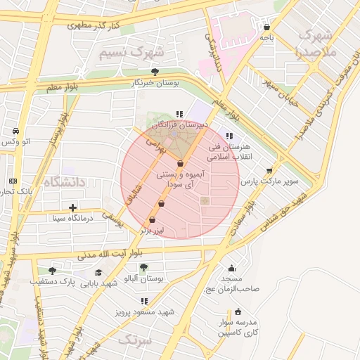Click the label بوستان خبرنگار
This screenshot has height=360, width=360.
click(x=155, y=82)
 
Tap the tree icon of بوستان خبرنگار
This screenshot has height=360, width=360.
click(x=155, y=72)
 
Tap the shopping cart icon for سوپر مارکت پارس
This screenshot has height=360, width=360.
click(x=269, y=170)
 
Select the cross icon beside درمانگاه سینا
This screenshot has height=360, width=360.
click(x=73, y=207)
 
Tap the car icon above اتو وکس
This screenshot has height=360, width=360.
click(x=15, y=131)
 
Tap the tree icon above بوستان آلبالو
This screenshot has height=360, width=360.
click(x=143, y=267)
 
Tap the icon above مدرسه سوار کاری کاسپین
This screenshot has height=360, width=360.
click(x=238, y=311)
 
